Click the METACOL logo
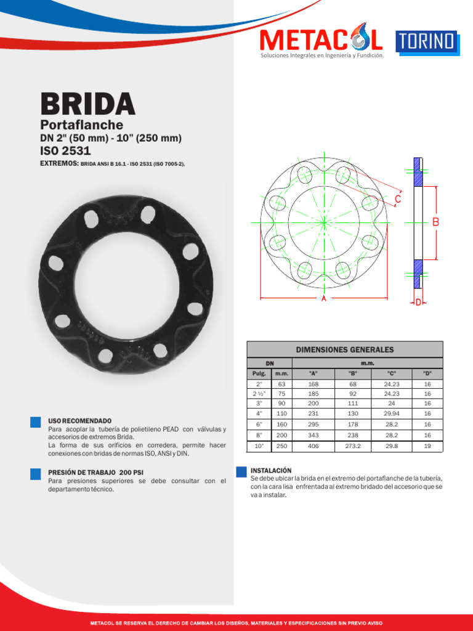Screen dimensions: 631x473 click(321, 40)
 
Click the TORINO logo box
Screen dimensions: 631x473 click(426, 41)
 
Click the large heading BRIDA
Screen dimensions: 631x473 click(87, 104)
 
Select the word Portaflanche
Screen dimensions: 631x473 click(81, 125)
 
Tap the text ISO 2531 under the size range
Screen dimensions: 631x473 click(65, 151)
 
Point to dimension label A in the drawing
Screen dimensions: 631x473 click(323, 298)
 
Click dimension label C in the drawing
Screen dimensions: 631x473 click(398, 199)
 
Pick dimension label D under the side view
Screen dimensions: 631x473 click(418, 303)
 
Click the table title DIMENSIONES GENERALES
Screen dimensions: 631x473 click(344, 349)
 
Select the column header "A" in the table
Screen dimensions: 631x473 click(313, 373)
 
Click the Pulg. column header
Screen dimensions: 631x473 click(259, 373)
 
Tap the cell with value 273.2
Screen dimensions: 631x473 click(353, 446)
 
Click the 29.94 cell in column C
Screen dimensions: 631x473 click(392, 413)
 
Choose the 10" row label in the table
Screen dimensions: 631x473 click(259, 446)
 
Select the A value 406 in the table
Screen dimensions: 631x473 click(313, 446)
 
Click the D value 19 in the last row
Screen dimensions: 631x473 click(427, 446)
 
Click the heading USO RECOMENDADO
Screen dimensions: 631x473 click(80, 420)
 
